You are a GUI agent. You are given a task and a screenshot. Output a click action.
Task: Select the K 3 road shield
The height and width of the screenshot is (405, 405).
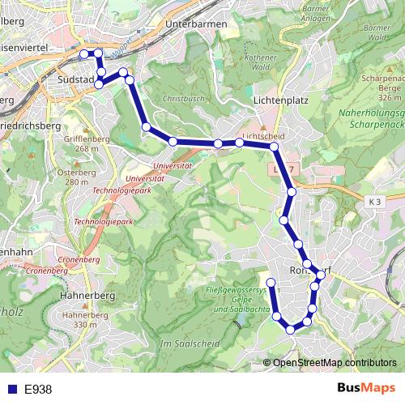coord(373,200)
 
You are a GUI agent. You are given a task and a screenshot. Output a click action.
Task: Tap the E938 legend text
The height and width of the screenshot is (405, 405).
coord(38,389)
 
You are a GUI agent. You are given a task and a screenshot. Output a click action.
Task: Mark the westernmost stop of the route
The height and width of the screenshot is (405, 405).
coord(83,54)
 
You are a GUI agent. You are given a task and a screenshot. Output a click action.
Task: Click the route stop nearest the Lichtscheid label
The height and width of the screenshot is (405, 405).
coord(240,143)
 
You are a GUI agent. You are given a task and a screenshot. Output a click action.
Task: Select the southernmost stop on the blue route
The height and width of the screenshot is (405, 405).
coord(292,328)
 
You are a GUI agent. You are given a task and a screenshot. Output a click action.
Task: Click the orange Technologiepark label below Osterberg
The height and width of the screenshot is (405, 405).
coord(103,220)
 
